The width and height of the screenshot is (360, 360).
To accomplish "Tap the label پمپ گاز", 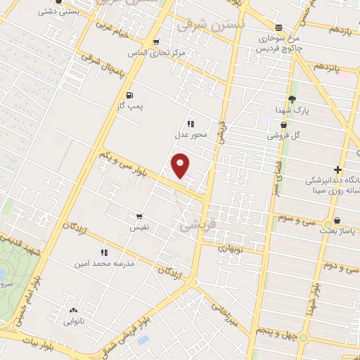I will tap(129, 105).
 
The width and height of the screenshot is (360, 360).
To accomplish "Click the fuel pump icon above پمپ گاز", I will tap(129, 95).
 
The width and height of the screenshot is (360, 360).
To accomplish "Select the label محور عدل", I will tap(191, 134).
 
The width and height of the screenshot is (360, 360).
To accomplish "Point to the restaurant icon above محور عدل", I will tap(191, 124).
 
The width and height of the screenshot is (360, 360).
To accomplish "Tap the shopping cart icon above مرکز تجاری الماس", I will tap(155, 42).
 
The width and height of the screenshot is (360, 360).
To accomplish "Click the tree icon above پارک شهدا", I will tap(292, 99).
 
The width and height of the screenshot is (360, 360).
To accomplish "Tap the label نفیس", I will tap(138, 228).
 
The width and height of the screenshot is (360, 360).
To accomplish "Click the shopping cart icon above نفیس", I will tap(139, 217).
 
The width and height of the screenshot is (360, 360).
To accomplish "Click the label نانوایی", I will tap(73, 321).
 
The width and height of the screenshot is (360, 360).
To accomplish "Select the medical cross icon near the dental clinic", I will tap(337, 169).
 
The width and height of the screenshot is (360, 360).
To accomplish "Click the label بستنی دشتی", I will tap(56, 11).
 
